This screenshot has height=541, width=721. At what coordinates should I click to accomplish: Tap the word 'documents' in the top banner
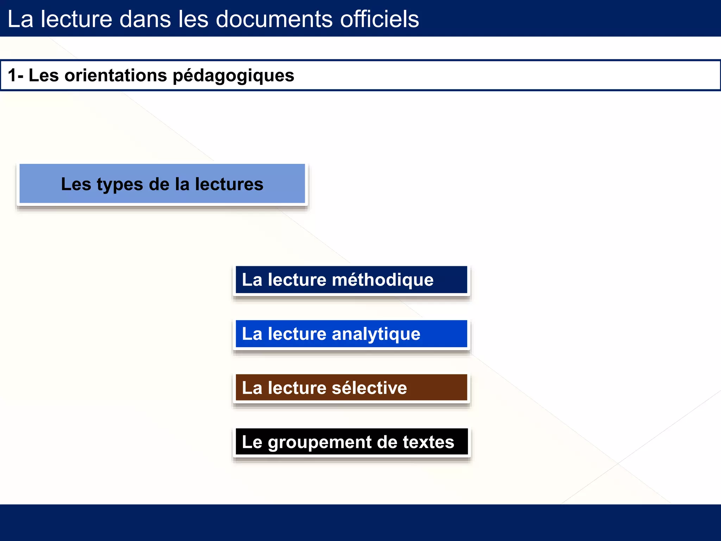[274, 19]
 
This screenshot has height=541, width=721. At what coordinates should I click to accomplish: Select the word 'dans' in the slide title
[145, 19]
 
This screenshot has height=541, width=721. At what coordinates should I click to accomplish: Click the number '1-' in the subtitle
[15, 75]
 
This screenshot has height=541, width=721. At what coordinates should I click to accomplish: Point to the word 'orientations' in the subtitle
[115, 75]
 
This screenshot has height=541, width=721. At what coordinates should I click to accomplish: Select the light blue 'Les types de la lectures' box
[162, 184]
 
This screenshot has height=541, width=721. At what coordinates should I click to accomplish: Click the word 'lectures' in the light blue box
[229, 184]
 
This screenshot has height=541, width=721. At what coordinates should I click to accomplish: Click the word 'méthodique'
[383, 280]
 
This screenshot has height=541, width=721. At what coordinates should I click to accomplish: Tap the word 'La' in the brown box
[252, 388]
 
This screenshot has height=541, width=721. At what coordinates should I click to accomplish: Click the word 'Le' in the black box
[252, 442]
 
